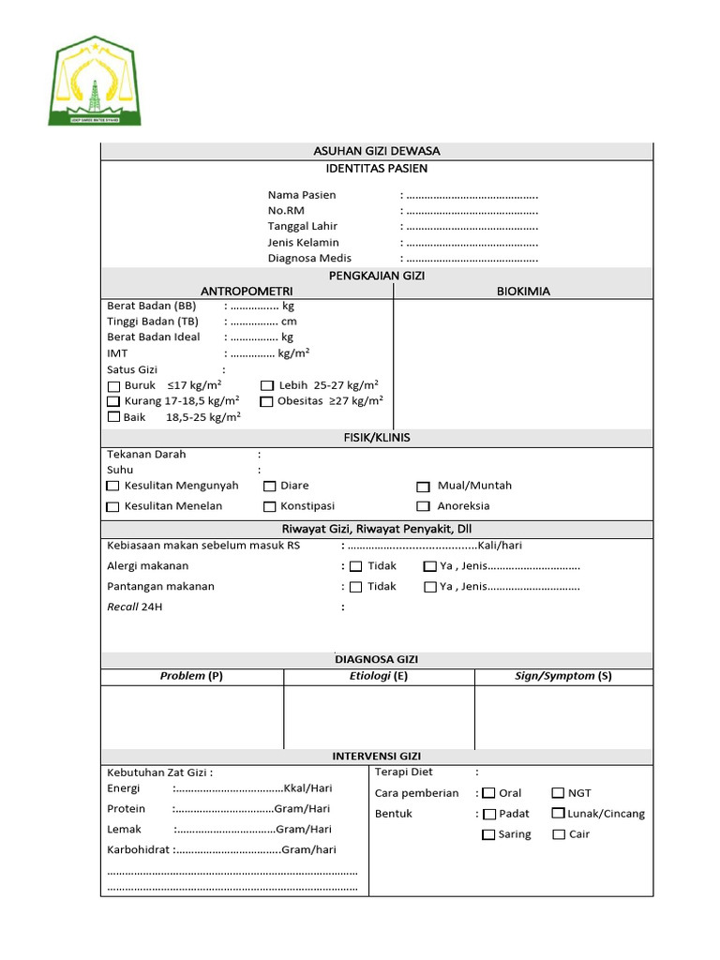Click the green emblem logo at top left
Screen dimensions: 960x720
(x=95, y=82)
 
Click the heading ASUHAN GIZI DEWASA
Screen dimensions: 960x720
(x=376, y=151)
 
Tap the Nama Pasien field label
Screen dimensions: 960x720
(x=302, y=195)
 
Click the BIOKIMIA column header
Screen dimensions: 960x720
(x=523, y=292)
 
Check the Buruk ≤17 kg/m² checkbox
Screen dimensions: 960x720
(x=114, y=386)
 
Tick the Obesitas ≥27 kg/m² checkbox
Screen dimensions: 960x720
(x=267, y=402)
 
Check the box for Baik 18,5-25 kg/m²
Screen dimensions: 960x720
(x=114, y=418)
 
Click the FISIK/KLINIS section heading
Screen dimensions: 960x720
(x=376, y=438)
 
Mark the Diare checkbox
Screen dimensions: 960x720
(x=270, y=487)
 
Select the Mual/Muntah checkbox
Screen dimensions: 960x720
(x=424, y=487)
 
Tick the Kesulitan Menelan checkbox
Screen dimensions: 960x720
(x=113, y=507)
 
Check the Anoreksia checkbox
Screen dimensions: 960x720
(x=424, y=507)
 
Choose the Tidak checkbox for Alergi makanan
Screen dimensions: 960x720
(x=356, y=567)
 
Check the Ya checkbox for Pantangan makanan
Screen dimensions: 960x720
(x=430, y=588)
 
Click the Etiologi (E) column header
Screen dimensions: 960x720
(x=378, y=676)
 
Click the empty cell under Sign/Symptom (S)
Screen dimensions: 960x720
(x=562, y=717)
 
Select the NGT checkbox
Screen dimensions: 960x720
(x=559, y=793)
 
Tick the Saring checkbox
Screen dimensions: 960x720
(x=488, y=834)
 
